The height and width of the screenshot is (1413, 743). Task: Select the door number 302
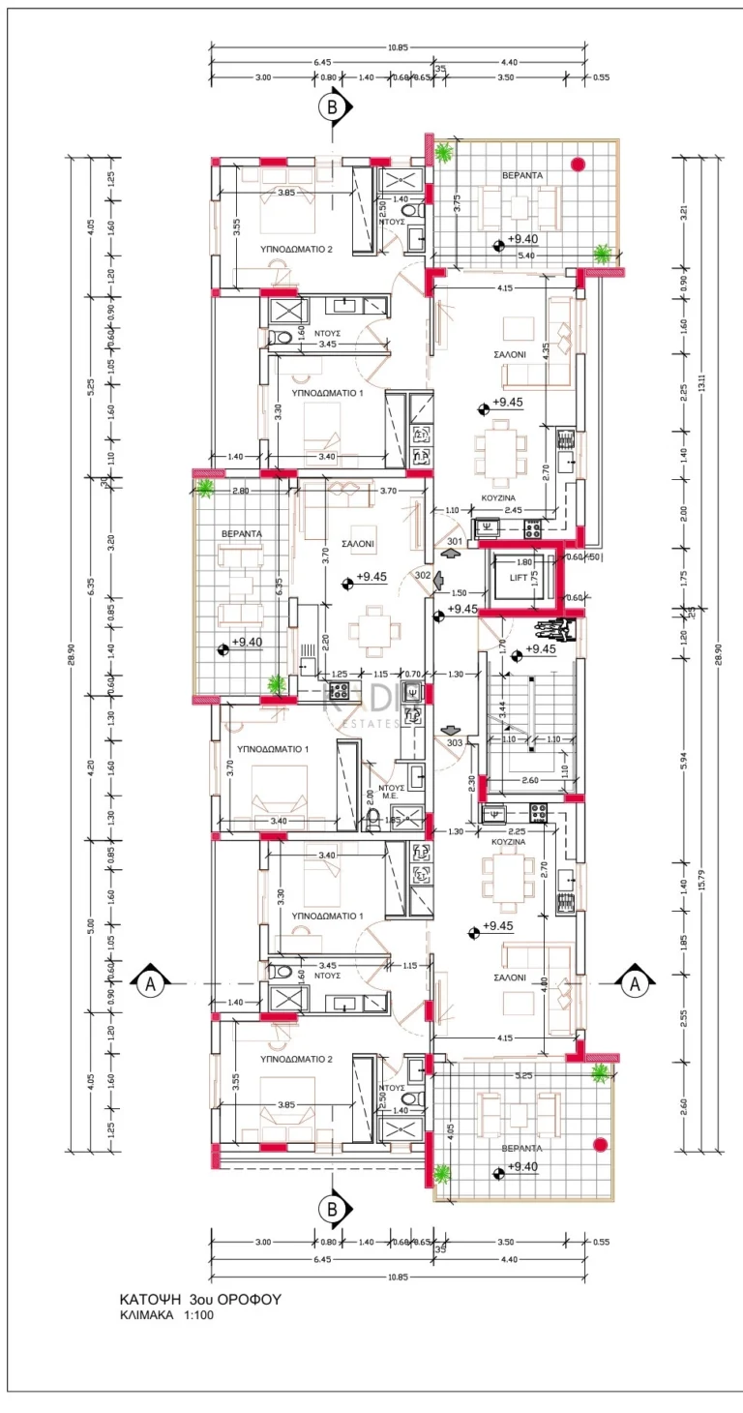[422, 574]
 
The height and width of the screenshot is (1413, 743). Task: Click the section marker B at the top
[332, 107]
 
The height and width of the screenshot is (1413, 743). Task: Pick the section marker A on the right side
[635, 983]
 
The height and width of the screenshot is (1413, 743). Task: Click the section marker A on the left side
[149, 983]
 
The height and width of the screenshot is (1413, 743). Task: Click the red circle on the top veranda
[579, 164]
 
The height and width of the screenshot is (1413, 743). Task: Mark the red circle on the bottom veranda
[600, 1144]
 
